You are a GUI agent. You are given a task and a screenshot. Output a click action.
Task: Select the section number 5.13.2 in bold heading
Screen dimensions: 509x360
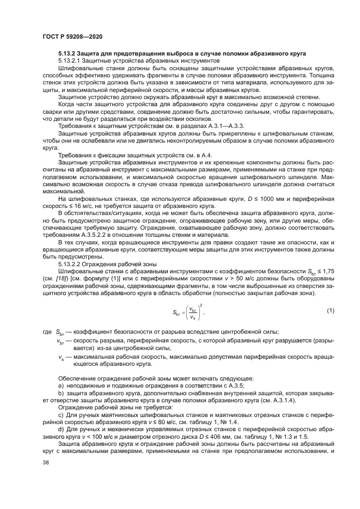click(68, 53)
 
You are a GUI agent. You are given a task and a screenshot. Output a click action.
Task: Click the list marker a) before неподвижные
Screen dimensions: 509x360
click(60, 385)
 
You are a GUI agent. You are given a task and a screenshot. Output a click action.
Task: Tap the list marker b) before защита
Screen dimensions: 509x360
click(60, 393)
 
